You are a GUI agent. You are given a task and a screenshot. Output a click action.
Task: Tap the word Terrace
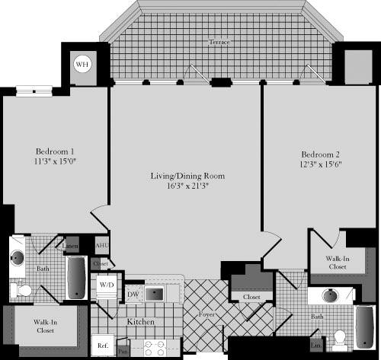pyautogui.click(x=219, y=42)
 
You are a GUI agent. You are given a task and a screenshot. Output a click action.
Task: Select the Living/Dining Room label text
pyautogui.click(x=187, y=176)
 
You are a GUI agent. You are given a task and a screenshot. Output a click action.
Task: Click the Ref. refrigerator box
pyautogui.click(x=101, y=345)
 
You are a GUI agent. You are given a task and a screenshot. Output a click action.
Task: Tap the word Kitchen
pyautogui.click(x=140, y=323)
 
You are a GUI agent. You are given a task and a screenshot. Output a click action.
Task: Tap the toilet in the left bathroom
pyautogui.click(x=24, y=290)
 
